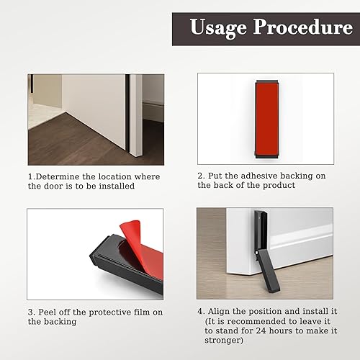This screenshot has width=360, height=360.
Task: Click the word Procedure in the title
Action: [x=303, y=27]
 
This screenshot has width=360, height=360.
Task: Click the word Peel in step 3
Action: [x=48, y=312]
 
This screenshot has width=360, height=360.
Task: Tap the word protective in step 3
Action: [x=110, y=312]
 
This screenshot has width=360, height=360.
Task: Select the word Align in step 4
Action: [x=219, y=312]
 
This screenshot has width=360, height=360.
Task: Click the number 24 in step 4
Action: [x=261, y=330]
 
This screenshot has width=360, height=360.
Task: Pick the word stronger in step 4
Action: [x=224, y=341]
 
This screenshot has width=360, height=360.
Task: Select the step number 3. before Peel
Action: [x=32, y=312]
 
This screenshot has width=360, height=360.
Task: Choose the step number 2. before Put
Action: [x=202, y=176]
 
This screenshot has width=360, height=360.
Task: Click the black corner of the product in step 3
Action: [x=91, y=256]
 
